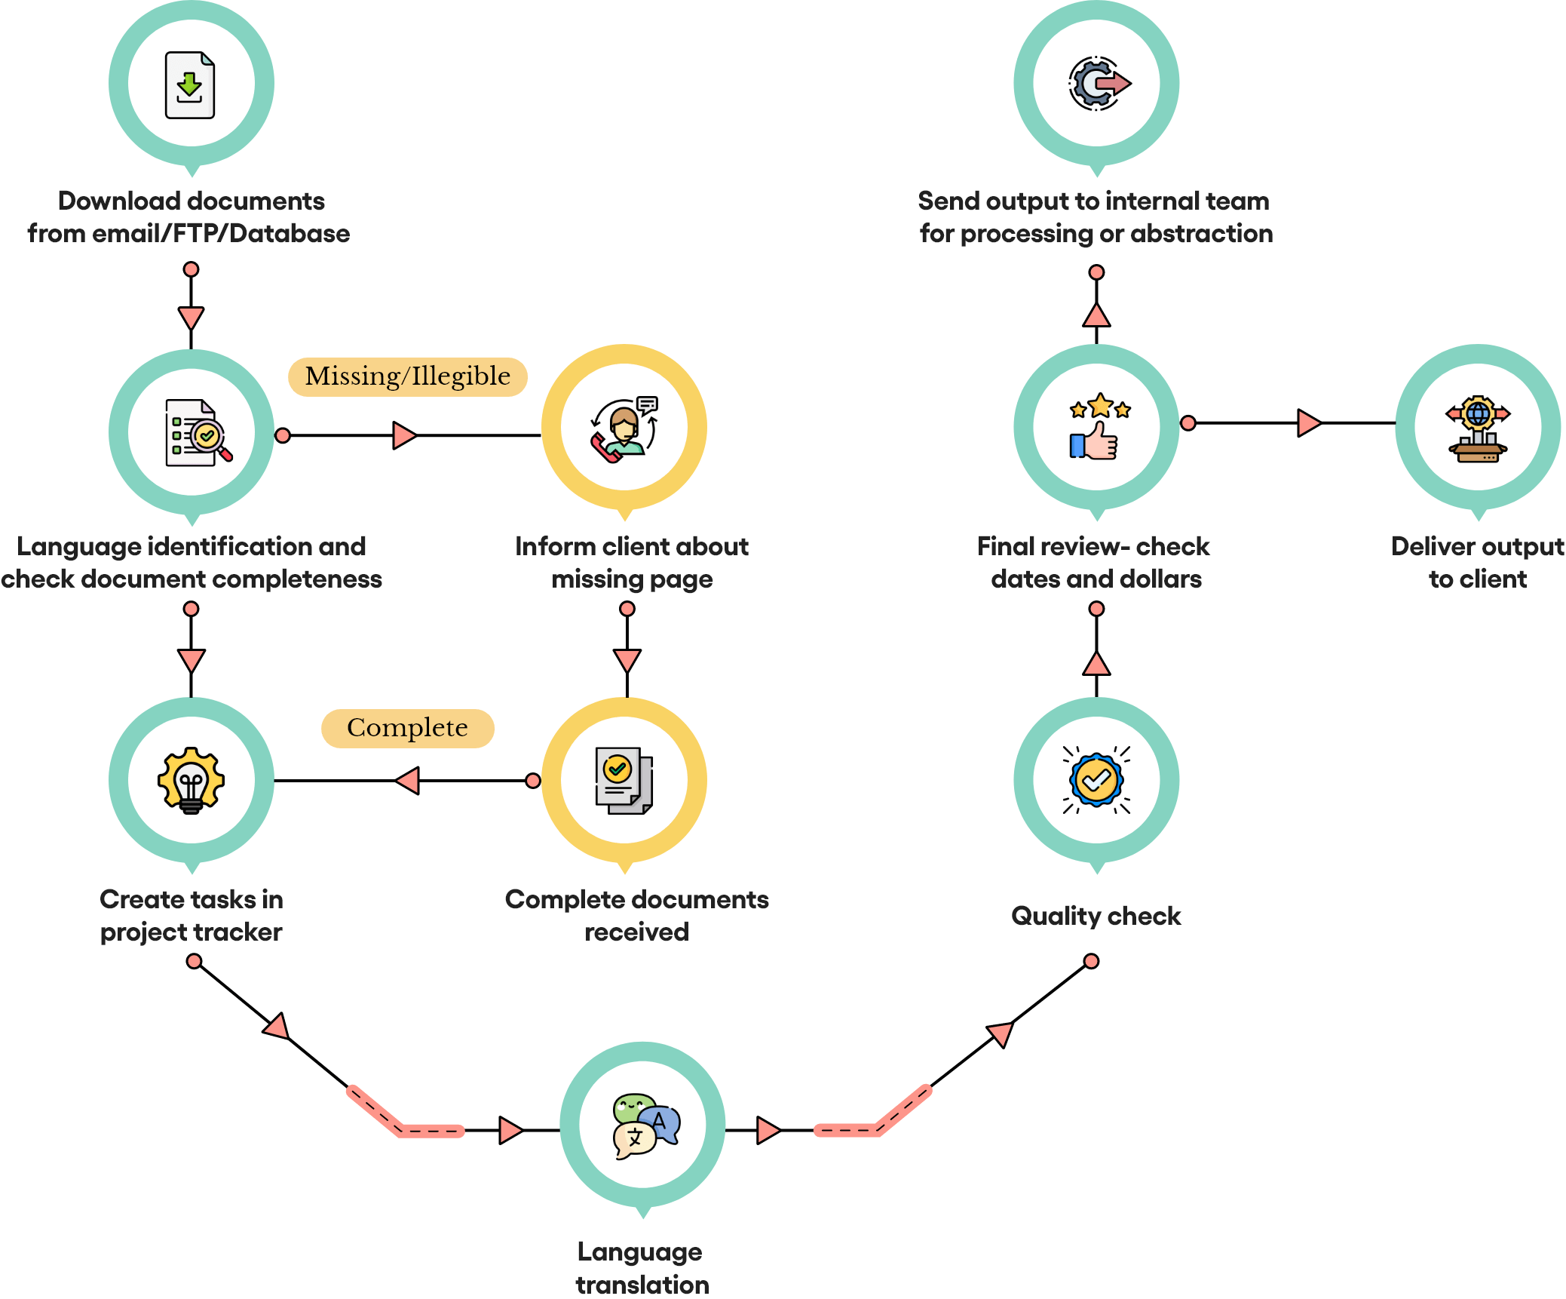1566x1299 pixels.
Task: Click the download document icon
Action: pyautogui.click(x=190, y=84)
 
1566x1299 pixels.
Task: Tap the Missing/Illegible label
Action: pyautogui.click(x=407, y=376)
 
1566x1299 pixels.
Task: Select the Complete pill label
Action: pyautogui.click(x=407, y=728)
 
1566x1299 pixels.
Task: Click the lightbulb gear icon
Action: pyautogui.click(x=191, y=780)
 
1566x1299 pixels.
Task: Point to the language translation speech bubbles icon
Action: pyautogui.click(x=646, y=1125)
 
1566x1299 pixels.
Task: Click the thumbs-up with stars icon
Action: pyautogui.click(x=1099, y=426)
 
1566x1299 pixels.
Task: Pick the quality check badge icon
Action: pyautogui.click(x=1096, y=780)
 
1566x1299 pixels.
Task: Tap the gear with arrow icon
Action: pyautogui.click(x=1099, y=83)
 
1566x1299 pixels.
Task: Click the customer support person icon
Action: pyautogui.click(x=624, y=428)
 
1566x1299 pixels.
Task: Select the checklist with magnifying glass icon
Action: pyautogui.click(x=198, y=432)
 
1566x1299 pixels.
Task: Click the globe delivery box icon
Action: pyautogui.click(x=1478, y=428)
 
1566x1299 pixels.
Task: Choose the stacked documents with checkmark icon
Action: pyautogui.click(x=624, y=781)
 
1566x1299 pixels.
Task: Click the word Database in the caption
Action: pyautogui.click(x=290, y=234)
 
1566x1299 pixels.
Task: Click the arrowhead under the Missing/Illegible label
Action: pyautogui.click(x=405, y=435)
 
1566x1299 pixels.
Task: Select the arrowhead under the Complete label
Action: pyautogui.click(x=407, y=780)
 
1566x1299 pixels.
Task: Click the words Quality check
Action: pyautogui.click(x=1096, y=916)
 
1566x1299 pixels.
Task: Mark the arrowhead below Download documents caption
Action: pyautogui.click(x=192, y=318)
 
